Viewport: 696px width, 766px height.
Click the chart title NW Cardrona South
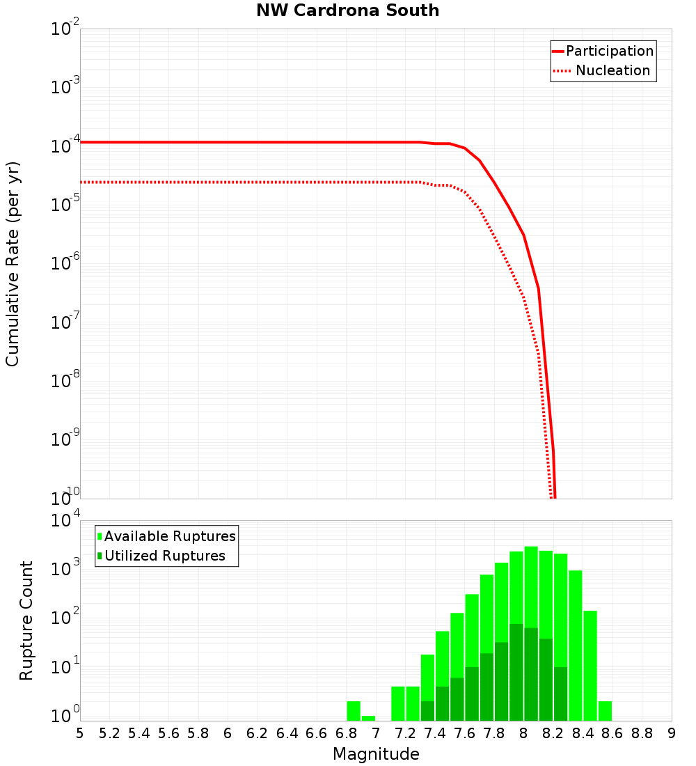point(347,10)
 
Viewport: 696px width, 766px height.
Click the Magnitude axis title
point(376,754)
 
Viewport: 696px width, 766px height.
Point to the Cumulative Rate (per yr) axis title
point(13,263)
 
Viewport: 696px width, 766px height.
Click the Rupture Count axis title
point(26,620)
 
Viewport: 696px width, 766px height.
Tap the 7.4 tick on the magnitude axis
point(435,733)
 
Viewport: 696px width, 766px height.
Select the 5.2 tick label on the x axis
point(109,733)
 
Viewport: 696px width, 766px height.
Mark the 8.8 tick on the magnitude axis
point(642,733)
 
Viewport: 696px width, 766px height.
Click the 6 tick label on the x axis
point(228,733)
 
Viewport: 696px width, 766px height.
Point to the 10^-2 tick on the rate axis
point(65,29)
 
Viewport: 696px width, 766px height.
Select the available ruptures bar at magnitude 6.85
point(354,711)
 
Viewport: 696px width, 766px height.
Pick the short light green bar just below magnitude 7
point(368,718)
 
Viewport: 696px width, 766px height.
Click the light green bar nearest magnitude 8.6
point(605,711)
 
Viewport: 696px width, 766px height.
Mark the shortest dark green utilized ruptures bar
point(427,710)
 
